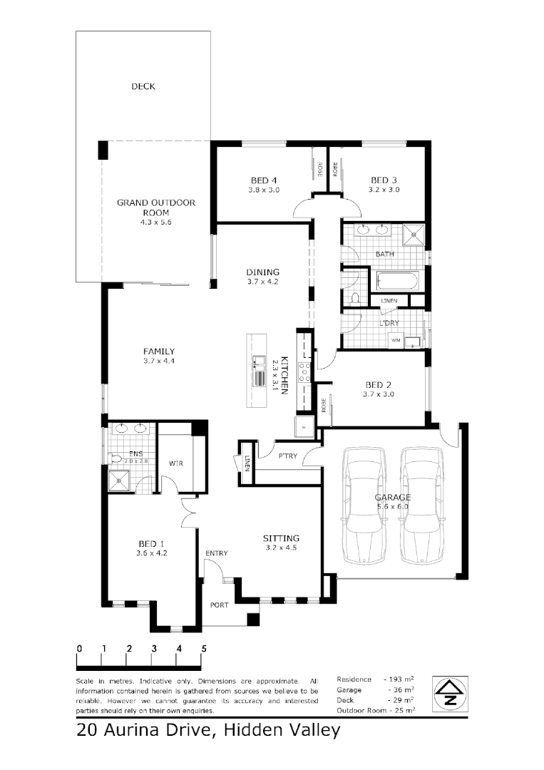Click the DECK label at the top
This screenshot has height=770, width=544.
[x=143, y=87]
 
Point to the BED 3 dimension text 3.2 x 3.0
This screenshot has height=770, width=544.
[x=384, y=190]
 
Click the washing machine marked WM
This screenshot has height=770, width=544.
[x=395, y=341]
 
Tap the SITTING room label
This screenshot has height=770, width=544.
[x=281, y=538]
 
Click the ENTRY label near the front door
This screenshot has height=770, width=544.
[x=217, y=553]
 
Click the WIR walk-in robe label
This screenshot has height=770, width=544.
[x=177, y=463]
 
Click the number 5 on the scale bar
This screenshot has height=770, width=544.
[x=204, y=649]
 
